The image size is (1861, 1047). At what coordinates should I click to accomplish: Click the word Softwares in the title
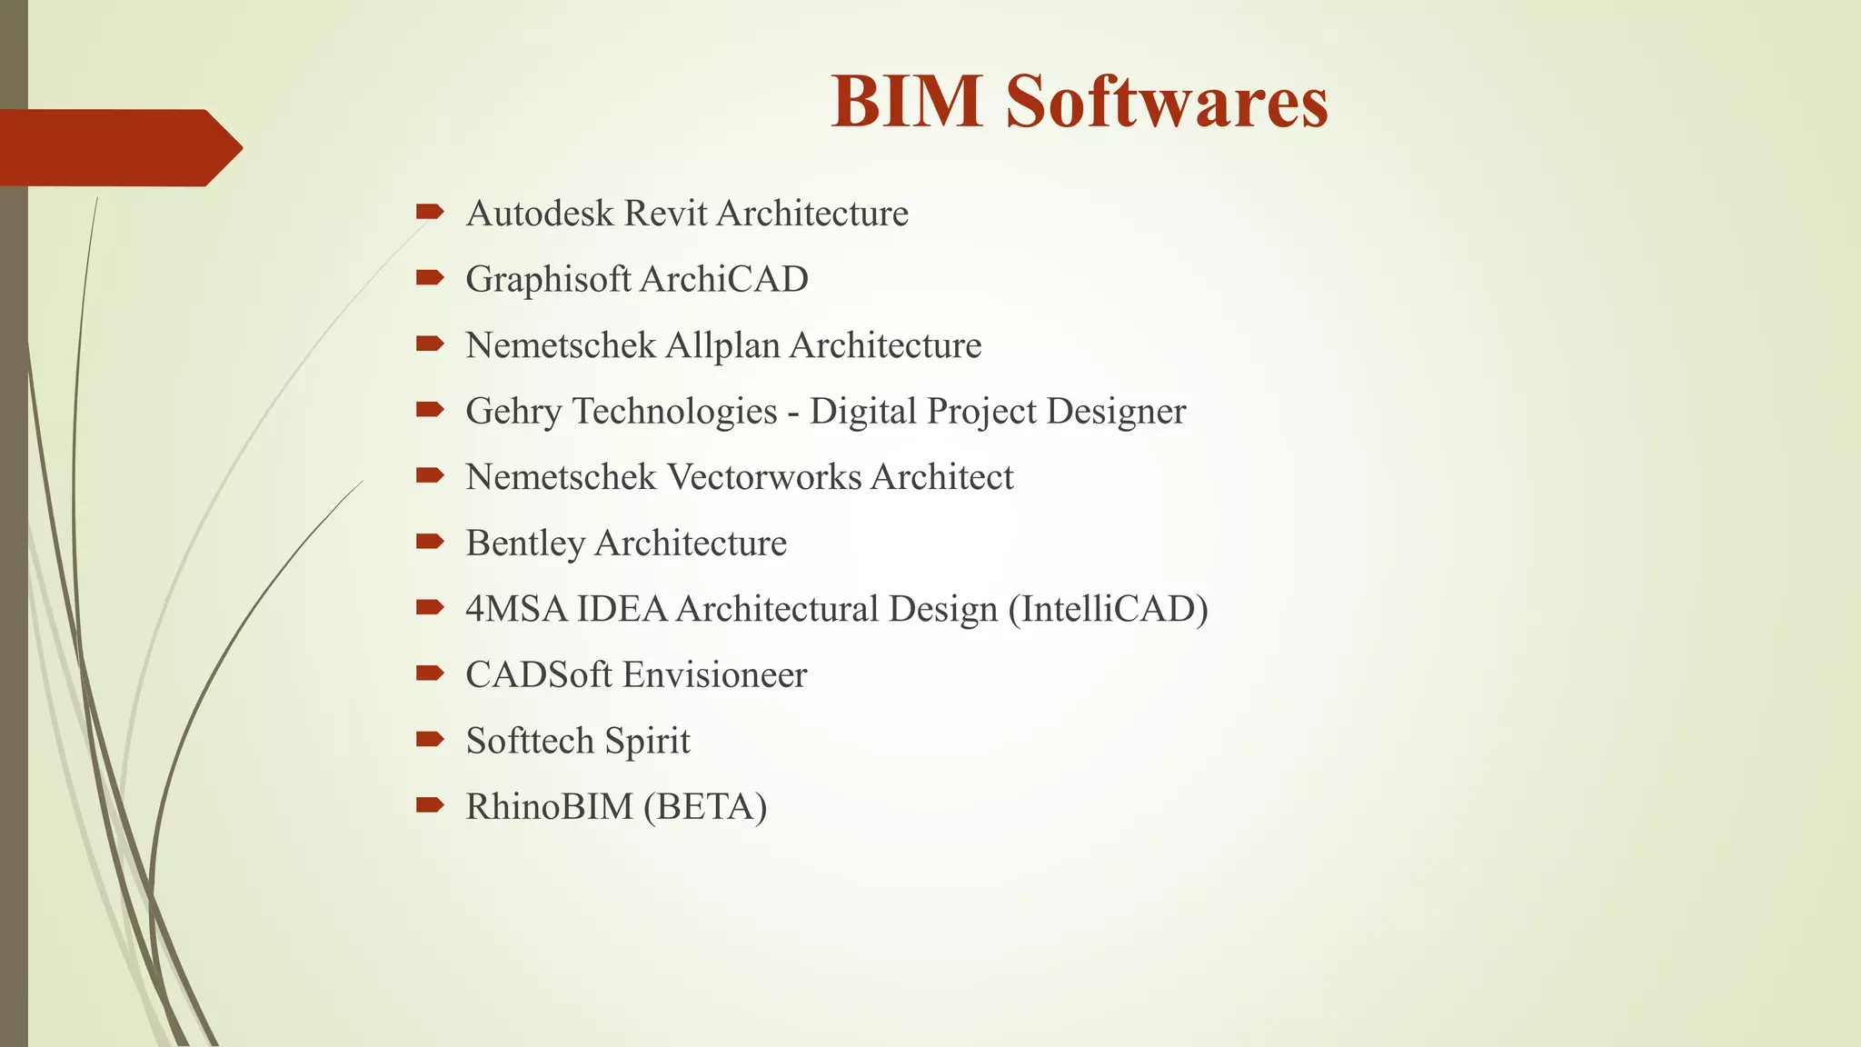1167,101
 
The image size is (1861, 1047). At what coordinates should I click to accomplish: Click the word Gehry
513,412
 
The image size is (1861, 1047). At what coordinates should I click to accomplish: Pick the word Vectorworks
764,477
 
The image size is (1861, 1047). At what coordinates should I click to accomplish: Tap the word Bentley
525,543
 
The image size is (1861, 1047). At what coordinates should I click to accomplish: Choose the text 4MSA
516,609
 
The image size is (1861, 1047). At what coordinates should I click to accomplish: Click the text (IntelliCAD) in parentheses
1108,609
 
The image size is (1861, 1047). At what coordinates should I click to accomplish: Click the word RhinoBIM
549,807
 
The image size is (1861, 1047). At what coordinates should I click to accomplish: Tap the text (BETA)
705,807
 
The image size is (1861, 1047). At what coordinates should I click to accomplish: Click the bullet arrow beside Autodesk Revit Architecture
429,213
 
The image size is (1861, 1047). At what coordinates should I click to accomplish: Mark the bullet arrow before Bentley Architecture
429,543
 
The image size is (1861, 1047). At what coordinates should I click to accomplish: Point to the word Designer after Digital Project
1116,412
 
